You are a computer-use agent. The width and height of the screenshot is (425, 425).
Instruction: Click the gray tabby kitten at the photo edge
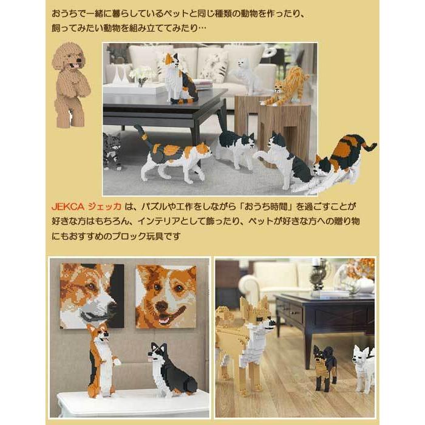(x=112, y=151)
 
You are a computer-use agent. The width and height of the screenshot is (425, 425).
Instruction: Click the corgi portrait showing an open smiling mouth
(x=166, y=296)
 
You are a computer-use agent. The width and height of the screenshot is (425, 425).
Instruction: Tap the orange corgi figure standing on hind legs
(x=98, y=359)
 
